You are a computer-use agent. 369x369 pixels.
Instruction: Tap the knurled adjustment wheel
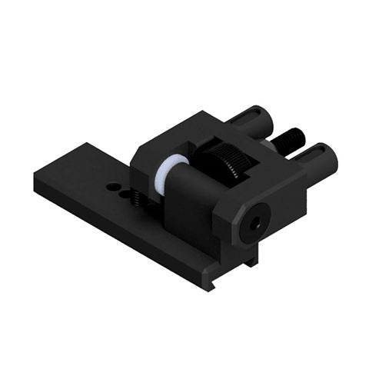[x=230, y=162]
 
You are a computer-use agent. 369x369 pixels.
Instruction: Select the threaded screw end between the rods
[x=291, y=138]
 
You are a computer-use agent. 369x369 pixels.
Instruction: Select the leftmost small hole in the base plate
[x=111, y=185]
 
